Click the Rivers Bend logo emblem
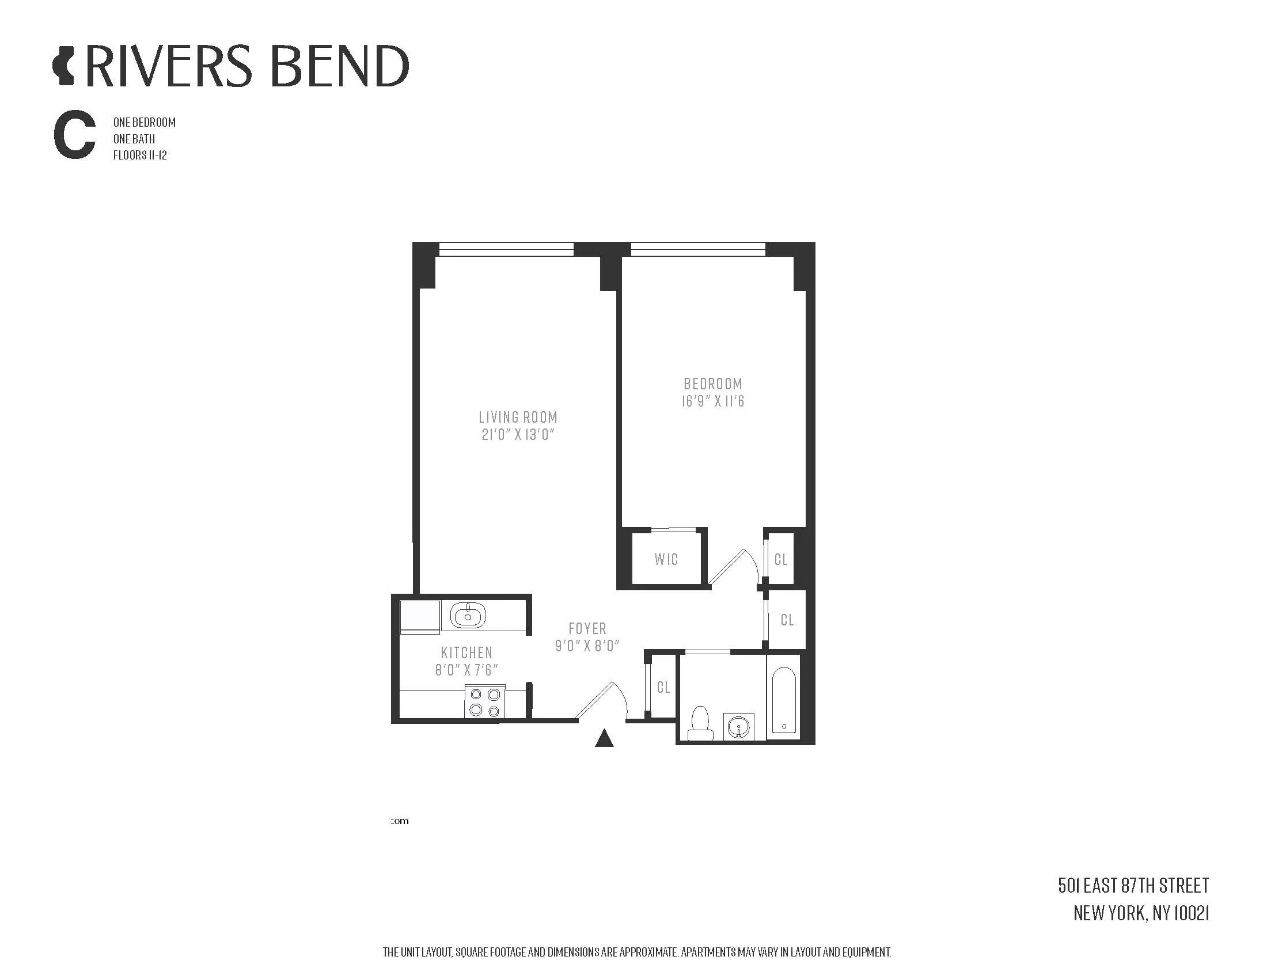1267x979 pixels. [x=63, y=67]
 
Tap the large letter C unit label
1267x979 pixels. [x=74, y=137]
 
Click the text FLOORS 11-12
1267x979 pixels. [x=140, y=155]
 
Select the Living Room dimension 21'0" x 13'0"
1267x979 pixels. [x=518, y=434]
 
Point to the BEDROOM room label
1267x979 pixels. [x=712, y=384]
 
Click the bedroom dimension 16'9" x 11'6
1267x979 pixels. [x=712, y=401]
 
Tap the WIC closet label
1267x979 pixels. [x=665, y=559]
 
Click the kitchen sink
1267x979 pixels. [x=468, y=616]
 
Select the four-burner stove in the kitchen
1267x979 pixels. [x=485, y=702]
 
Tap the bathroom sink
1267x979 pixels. [x=738, y=726]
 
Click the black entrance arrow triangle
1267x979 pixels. [x=605, y=738]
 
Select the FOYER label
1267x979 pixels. [x=587, y=628]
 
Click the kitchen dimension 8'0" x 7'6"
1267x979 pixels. [x=466, y=670]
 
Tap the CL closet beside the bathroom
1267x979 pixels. [x=663, y=687]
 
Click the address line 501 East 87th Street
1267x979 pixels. [x=1133, y=886]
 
